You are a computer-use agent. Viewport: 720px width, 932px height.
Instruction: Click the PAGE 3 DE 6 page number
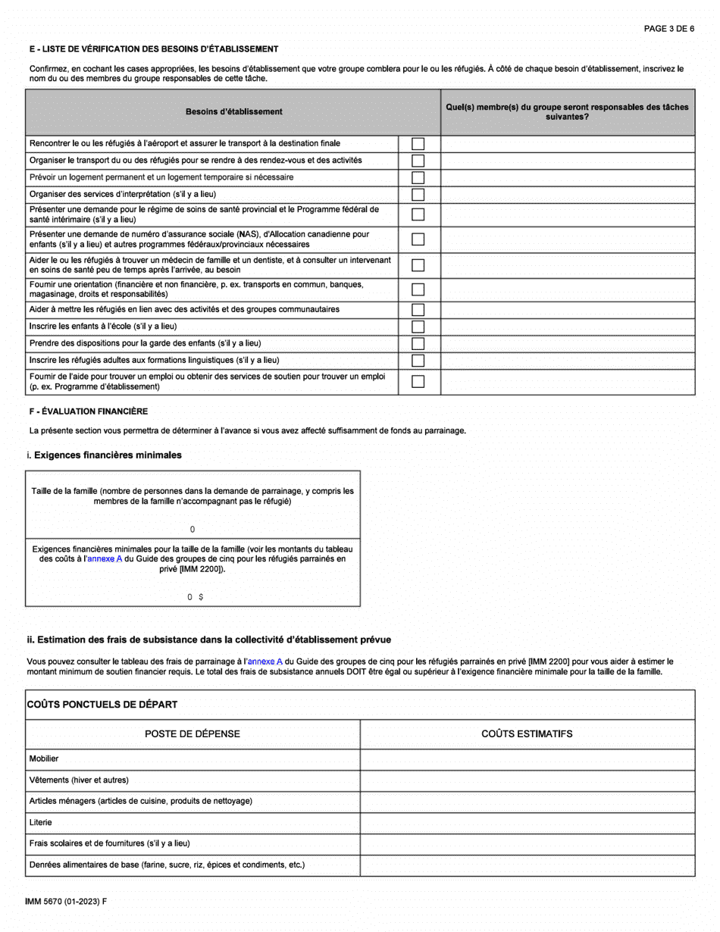click(x=668, y=29)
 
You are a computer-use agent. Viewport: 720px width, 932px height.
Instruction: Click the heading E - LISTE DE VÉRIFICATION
click(x=153, y=49)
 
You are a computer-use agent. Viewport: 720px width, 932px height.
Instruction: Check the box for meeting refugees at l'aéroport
click(x=418, y=144)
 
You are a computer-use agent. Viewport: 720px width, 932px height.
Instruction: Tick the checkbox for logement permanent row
click(x=418, y=177)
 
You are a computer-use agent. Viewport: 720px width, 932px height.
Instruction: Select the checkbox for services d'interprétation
click(x=418, y=194)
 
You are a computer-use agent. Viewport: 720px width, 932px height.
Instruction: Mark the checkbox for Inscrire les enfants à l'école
click(x=418, y=326)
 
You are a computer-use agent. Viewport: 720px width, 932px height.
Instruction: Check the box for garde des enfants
click(x=418, y=342)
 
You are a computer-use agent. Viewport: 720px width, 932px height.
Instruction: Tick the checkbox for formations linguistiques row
click(x=418, y=359)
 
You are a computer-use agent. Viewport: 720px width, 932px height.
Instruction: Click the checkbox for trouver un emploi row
click(x=418, y=381)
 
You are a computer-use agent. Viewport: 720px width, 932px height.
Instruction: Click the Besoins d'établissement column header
click(x=233, y=112)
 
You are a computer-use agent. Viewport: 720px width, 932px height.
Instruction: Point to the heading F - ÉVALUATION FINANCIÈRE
click(x=89, y=411)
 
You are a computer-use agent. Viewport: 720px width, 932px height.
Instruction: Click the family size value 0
click(x=193, y=529)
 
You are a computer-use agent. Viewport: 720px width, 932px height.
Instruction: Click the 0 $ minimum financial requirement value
click(x=195, y=597)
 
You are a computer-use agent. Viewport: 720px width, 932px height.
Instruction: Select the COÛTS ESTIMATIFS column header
click(x=527, y=733)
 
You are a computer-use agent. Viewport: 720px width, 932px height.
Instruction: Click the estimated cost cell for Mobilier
click(x=527, y=758)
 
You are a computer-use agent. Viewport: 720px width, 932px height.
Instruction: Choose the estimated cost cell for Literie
click(x=527, y=822)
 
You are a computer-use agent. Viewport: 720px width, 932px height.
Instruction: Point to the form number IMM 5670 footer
click(x=66, y=902)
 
